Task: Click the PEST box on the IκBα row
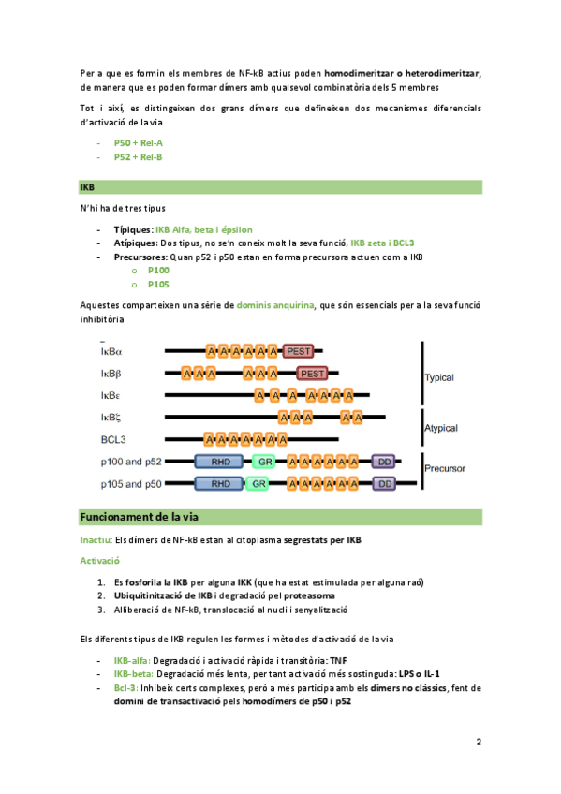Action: [298, 351]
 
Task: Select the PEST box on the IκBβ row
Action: [312, 374]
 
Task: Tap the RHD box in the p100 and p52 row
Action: [220, 462]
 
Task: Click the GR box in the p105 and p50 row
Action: [258, 484]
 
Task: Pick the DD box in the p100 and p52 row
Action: [384, 462]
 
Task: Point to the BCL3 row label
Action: [113, 439]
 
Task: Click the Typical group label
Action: [439, 377]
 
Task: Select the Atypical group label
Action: [441, 428]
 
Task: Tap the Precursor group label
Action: [445, 468]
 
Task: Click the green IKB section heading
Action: [87, 187]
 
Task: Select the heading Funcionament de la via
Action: [140, 517]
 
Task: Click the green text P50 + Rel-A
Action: [139, 143]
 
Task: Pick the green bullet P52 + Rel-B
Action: [139, 157]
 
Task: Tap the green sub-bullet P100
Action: [158, 271]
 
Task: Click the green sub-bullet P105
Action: [158, 285]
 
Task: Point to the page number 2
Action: [479, 742]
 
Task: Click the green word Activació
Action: [100, 561]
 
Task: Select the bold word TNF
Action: [338, 660]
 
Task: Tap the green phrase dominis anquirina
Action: [275, 305]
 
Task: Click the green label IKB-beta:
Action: [134, 674]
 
